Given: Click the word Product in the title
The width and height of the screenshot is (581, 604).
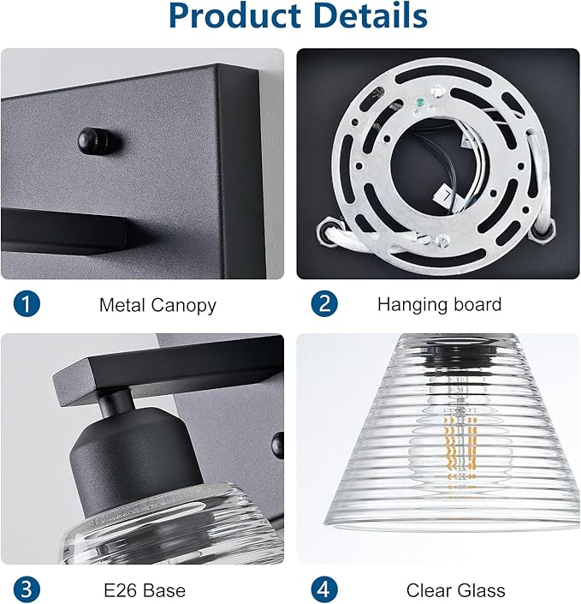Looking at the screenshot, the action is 235,15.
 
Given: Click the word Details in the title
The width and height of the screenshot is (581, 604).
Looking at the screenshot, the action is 371,15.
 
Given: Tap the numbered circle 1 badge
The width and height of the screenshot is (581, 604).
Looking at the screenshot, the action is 27,304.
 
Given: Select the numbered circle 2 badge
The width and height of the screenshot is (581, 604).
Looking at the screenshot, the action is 324,303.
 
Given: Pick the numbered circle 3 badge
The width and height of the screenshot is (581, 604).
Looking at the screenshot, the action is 27,589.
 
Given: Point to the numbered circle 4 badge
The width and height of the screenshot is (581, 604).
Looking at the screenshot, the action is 324,589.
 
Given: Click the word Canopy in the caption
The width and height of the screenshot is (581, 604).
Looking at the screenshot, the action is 183,306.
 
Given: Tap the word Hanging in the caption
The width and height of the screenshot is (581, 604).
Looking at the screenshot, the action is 412,305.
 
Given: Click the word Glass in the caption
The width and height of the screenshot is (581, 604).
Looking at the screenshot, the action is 481,590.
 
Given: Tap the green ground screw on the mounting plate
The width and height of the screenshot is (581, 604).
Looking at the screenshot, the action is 420,103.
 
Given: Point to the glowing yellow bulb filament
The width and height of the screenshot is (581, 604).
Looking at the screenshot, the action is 460,447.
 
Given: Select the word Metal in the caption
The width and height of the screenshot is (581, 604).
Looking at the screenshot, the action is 122,305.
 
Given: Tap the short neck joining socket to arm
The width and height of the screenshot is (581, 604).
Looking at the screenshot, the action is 116,402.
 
